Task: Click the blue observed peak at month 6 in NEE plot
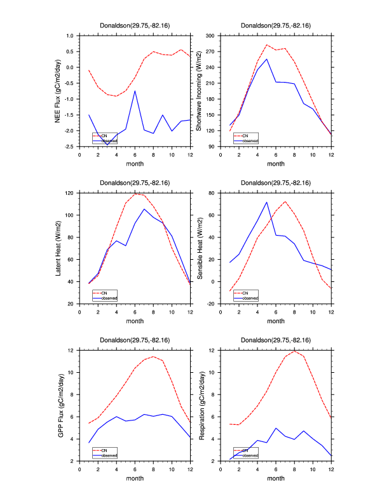(x=135, y=91)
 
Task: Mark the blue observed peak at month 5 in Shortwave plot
(x=267, y=59)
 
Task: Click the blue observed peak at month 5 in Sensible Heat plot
(x=267, y=202)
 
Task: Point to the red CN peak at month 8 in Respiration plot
(x=294, y=351)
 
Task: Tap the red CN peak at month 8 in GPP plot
(x=153, y=356)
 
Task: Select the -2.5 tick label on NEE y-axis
(x=69, y=147)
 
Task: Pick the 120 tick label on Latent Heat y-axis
(x=70, y=192)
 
